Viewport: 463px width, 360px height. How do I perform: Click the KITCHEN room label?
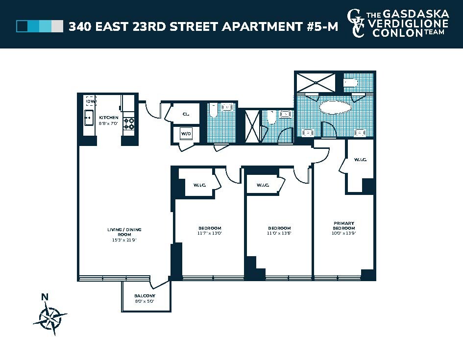coord(108,118)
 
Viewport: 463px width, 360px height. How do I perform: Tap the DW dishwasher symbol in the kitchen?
coord(90,101)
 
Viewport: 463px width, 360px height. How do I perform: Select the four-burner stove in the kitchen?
coord(129,123)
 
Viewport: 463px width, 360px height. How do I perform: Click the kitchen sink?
coord(89,118)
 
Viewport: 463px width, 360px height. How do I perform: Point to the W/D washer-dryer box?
coord(186,133)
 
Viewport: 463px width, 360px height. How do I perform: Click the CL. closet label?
coord(186,114)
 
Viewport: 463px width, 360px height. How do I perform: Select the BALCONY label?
coord(145,296)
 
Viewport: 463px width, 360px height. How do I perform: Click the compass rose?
coord(50,318)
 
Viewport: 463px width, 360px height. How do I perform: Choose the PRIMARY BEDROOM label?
coord(343,225)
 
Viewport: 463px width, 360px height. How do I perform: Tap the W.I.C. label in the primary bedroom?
coord(360,160)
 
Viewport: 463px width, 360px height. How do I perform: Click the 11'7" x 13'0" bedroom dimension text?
coord(210,234)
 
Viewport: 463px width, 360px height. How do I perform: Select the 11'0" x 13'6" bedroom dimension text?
coord(279,234)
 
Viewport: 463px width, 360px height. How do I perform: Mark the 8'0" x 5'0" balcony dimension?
coord(145,301)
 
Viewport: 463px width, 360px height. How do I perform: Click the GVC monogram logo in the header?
coord(356,24)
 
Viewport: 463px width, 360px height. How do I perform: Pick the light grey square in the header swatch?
coord(57,26)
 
